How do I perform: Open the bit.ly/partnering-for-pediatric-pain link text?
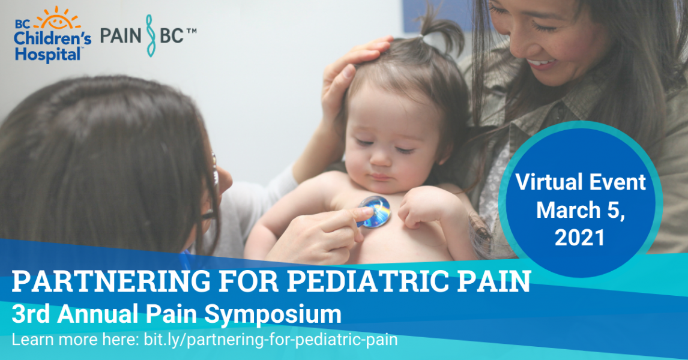[271, 340]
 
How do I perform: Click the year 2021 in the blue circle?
[579, 238]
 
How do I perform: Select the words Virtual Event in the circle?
[579, 182]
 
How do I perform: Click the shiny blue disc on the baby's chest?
[375, 211]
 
